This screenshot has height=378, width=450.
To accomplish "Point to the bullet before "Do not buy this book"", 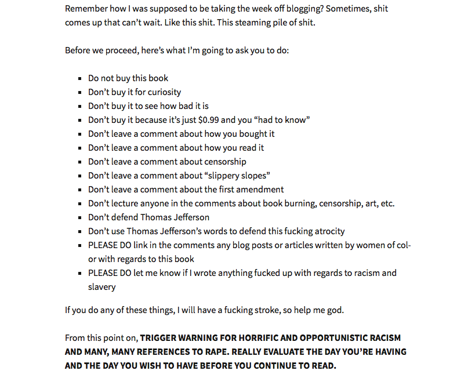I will coord(81,78).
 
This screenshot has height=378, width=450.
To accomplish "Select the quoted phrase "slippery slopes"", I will coord(239,176).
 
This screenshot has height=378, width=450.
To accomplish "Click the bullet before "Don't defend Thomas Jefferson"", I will coord(81,217).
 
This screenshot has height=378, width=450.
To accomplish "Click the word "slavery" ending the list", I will coord(102,287).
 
